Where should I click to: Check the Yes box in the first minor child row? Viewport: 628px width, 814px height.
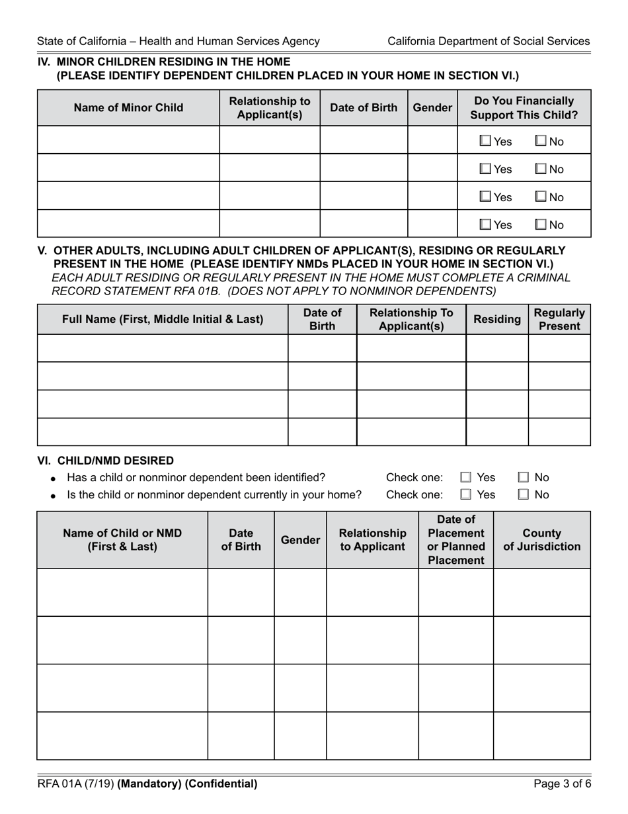click(485, 141)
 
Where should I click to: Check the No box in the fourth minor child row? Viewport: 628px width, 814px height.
click(541, 225)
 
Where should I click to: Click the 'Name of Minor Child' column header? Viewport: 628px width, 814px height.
click(128, 108)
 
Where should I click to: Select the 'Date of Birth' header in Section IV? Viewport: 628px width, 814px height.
click(364, 108)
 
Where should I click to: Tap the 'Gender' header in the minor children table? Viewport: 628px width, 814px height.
click(432, 108)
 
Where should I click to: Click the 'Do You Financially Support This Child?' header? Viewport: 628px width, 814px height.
click(524, 108)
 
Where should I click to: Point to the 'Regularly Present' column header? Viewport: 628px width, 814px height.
click(559, 320)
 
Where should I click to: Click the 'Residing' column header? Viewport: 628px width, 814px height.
click(497, 320)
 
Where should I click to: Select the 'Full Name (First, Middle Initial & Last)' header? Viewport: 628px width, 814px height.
click(163, 320)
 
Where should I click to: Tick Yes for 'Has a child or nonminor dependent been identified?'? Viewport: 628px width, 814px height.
click(466, 477)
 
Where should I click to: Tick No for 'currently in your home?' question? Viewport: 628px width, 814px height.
click(524, 494)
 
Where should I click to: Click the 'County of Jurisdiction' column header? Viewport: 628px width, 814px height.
click(541, 540)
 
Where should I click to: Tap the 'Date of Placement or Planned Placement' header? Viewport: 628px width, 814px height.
click(456, 540)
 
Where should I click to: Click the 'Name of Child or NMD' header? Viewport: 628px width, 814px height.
click(122, 540)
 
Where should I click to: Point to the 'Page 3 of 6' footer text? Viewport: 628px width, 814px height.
click(562, 784)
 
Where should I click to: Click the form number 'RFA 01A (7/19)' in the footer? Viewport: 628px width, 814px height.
click(75, 784)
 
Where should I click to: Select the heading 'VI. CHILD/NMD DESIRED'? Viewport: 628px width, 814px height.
click(106, 461)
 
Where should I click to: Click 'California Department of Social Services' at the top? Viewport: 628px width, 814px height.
click(489, 41)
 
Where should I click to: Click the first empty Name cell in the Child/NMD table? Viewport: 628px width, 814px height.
click(122, 592)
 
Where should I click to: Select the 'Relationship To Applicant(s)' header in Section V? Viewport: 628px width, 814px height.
click(411, 320)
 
